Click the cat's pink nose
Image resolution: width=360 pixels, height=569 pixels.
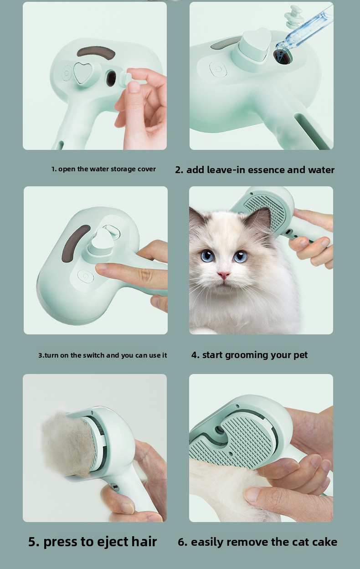[x=224, y=275]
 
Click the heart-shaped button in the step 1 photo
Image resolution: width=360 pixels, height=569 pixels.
[x=82, y=73]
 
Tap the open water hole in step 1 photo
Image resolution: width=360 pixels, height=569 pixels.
[x=111, y=78]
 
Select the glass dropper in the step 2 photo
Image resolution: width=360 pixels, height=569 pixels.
[x=305, y=30]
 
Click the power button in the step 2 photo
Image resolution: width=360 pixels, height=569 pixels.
[x=218, y=69]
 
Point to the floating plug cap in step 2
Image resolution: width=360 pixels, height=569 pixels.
[x=293, y=16]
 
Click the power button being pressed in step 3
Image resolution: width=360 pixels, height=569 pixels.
[x=85, y=277]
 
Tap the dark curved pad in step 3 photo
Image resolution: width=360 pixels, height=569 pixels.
[x=75, y=242]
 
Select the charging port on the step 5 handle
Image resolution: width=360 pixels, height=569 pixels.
[x=116, y=487]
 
